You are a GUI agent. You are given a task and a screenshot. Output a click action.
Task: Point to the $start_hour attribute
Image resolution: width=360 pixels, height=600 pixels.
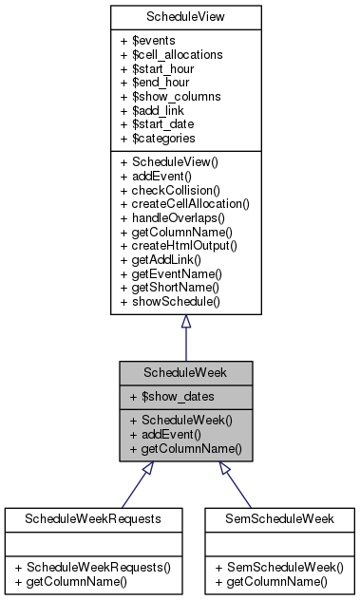pyautogui.click(x=162, y=68)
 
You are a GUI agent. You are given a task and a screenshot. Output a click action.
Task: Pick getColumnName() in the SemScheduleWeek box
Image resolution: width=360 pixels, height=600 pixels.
pyautogui.click(x=278, y=580)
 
